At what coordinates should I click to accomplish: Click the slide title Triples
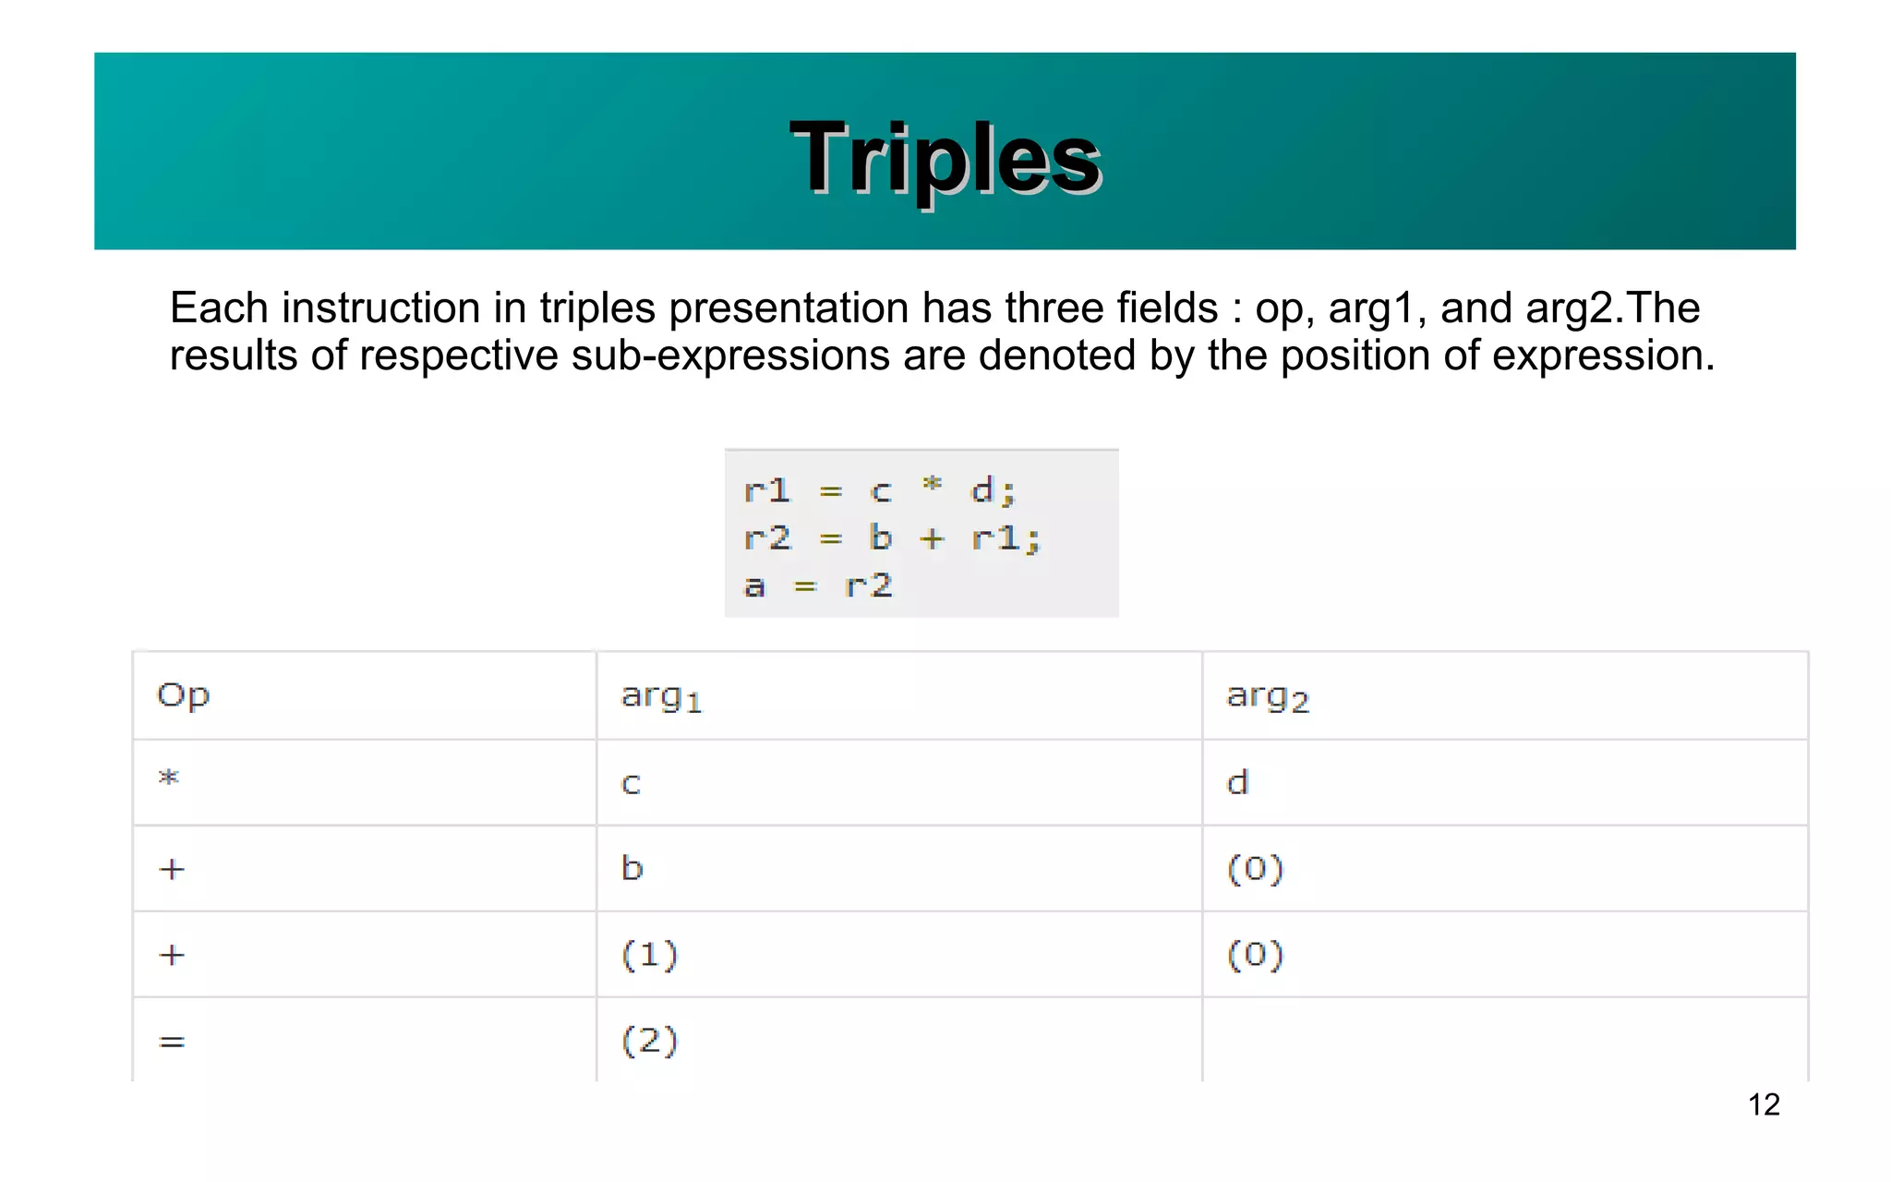point(945,159)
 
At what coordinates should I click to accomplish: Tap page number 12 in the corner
point(1764,1104)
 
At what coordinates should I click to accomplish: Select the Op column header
point(183,694)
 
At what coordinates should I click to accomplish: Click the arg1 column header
point(661,696)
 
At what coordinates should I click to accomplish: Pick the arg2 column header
point(1267,696)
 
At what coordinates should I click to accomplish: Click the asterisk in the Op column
point(168,778)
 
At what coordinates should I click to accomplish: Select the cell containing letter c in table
point(631,783)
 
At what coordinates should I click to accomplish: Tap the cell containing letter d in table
point(1237,782)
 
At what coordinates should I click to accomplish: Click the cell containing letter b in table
point(632,868)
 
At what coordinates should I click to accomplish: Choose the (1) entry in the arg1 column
point(649,954)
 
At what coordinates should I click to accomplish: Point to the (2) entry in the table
point(649,1041)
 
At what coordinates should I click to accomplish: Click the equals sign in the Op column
point(172,1042)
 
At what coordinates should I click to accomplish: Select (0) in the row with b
point(1255,869)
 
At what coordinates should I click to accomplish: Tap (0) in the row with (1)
point(1255,954)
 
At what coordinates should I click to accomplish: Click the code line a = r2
point(818,585)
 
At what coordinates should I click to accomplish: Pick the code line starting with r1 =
point(879,490)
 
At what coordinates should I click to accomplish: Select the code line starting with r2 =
point(891,537)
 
